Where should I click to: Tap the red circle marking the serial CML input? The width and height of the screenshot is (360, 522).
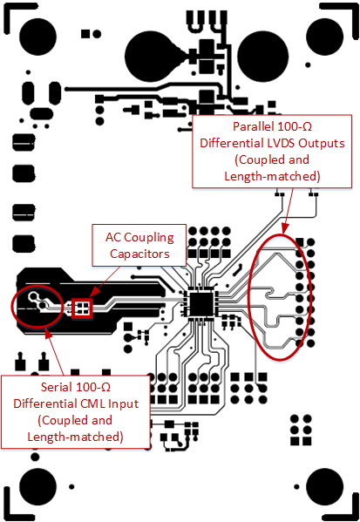pyautogui.click(x=37, y=303)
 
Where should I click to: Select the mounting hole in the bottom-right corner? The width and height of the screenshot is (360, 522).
pyautogui.click(x=328, y=488)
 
